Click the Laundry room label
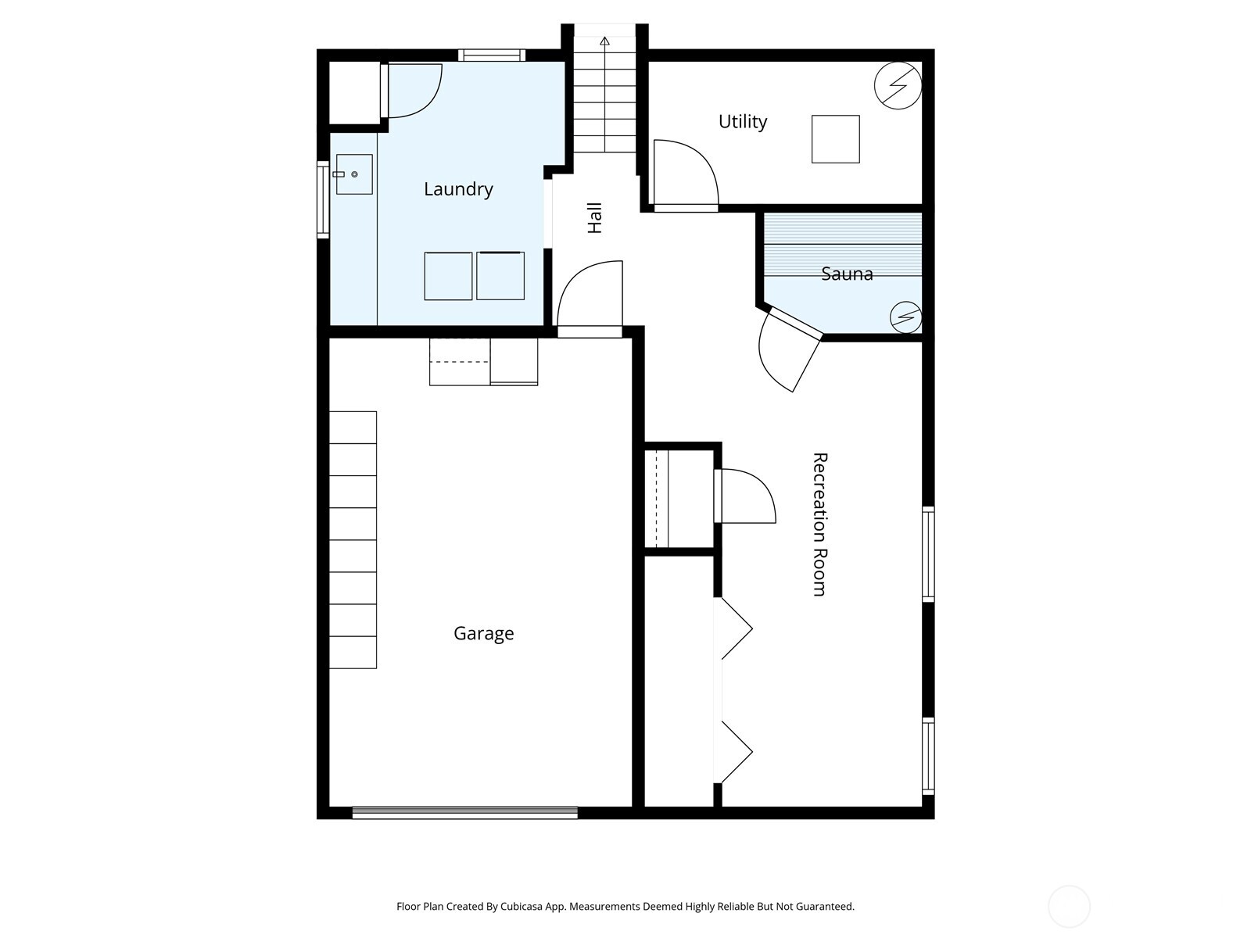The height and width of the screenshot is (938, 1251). point(458,189)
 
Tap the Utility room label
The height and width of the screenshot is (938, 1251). point(742,122)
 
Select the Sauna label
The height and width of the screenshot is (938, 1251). point(847,274)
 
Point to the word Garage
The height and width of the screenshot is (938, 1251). point(483,633)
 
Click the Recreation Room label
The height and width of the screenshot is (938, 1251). point(819,524)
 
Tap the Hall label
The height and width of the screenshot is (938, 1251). point(595,218)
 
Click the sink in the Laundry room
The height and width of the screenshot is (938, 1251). point(353,174)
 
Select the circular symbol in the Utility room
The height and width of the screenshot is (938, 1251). point(898,85)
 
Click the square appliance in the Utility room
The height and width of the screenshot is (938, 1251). point(835,139)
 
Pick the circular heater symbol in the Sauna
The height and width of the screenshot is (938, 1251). point(906,317)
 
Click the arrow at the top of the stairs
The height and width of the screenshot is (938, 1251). point(604,41)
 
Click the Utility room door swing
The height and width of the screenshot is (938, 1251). point(684,174)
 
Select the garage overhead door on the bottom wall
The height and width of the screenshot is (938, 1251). point(464,813)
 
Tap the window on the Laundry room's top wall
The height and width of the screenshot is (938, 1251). point(490,55)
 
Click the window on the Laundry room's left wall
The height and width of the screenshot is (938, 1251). point(323,199)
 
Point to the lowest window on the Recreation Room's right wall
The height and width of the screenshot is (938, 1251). point(928,756)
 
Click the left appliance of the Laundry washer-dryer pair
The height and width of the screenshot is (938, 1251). point(448,276)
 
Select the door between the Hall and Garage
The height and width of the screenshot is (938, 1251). point(590,301)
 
